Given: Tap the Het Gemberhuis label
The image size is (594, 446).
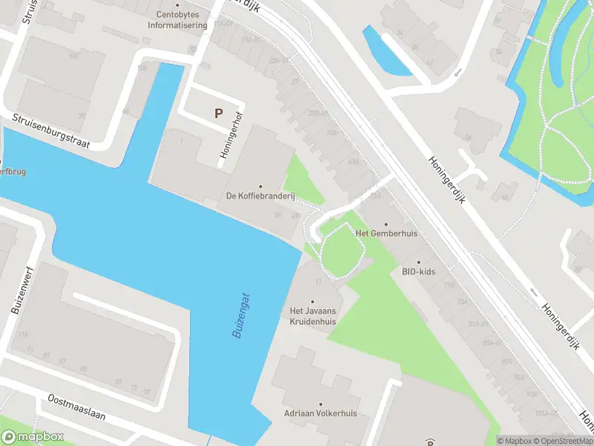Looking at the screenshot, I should click(x=387, y=233).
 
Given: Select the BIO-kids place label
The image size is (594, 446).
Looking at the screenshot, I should click(x=419, y=271).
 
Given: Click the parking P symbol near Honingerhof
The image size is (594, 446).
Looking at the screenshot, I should click(x=218, y=114).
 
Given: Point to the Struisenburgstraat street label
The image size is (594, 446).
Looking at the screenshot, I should click(x=50, y=132).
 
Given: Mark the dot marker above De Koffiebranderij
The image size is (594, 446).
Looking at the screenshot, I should click(x=261, y=186).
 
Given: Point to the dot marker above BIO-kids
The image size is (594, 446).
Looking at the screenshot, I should click(x=419, y=262).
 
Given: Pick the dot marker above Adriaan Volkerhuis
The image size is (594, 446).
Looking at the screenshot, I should click(x=321, y=403).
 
